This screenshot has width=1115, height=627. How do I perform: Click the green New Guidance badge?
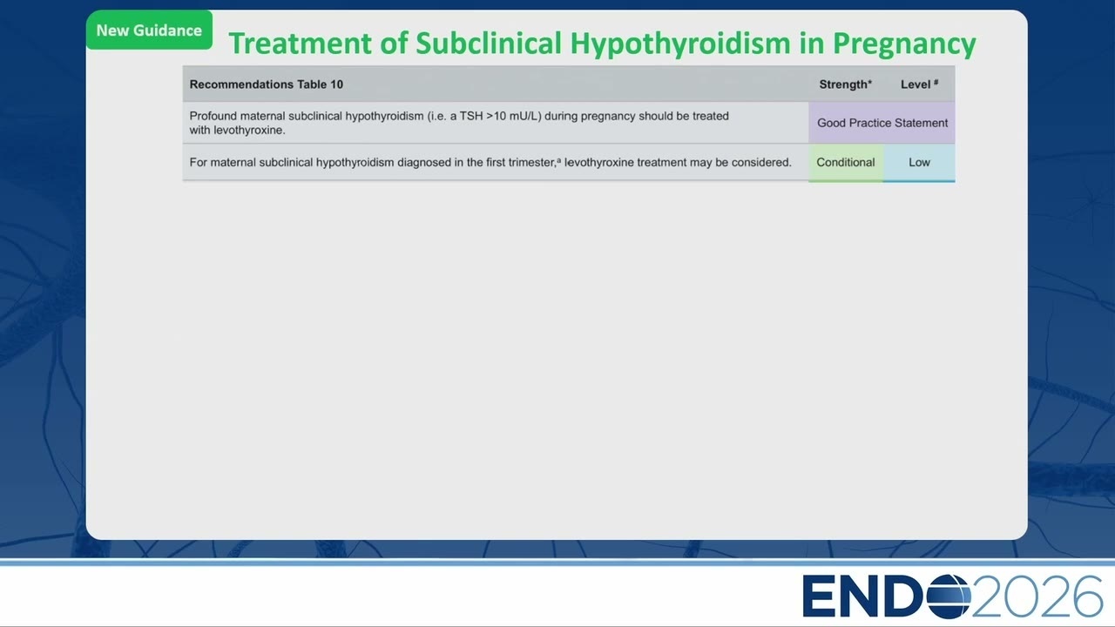point(149,30)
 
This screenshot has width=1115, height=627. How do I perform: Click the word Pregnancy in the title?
point(904,44)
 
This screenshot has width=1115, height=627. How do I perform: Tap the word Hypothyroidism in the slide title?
point(680,44)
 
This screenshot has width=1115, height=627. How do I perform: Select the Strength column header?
point(845,84)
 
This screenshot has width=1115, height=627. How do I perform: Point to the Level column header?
point(919,84)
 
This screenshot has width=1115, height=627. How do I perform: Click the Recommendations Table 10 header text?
point(267,84)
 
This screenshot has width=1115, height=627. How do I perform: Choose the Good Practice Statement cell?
point(882,123)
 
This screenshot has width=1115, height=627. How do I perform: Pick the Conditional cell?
point(846,162)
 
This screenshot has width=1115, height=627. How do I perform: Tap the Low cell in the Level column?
point(919,162)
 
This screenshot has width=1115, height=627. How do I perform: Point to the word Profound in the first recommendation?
point(213,116)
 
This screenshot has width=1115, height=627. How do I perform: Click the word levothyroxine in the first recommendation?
point(249,131)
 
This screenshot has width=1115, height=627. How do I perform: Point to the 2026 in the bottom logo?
point(1037,597)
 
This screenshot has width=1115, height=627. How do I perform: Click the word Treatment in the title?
point(301,44)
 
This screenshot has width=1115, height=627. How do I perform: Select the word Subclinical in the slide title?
point(489,44)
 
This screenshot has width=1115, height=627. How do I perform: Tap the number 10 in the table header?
point(336,84)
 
